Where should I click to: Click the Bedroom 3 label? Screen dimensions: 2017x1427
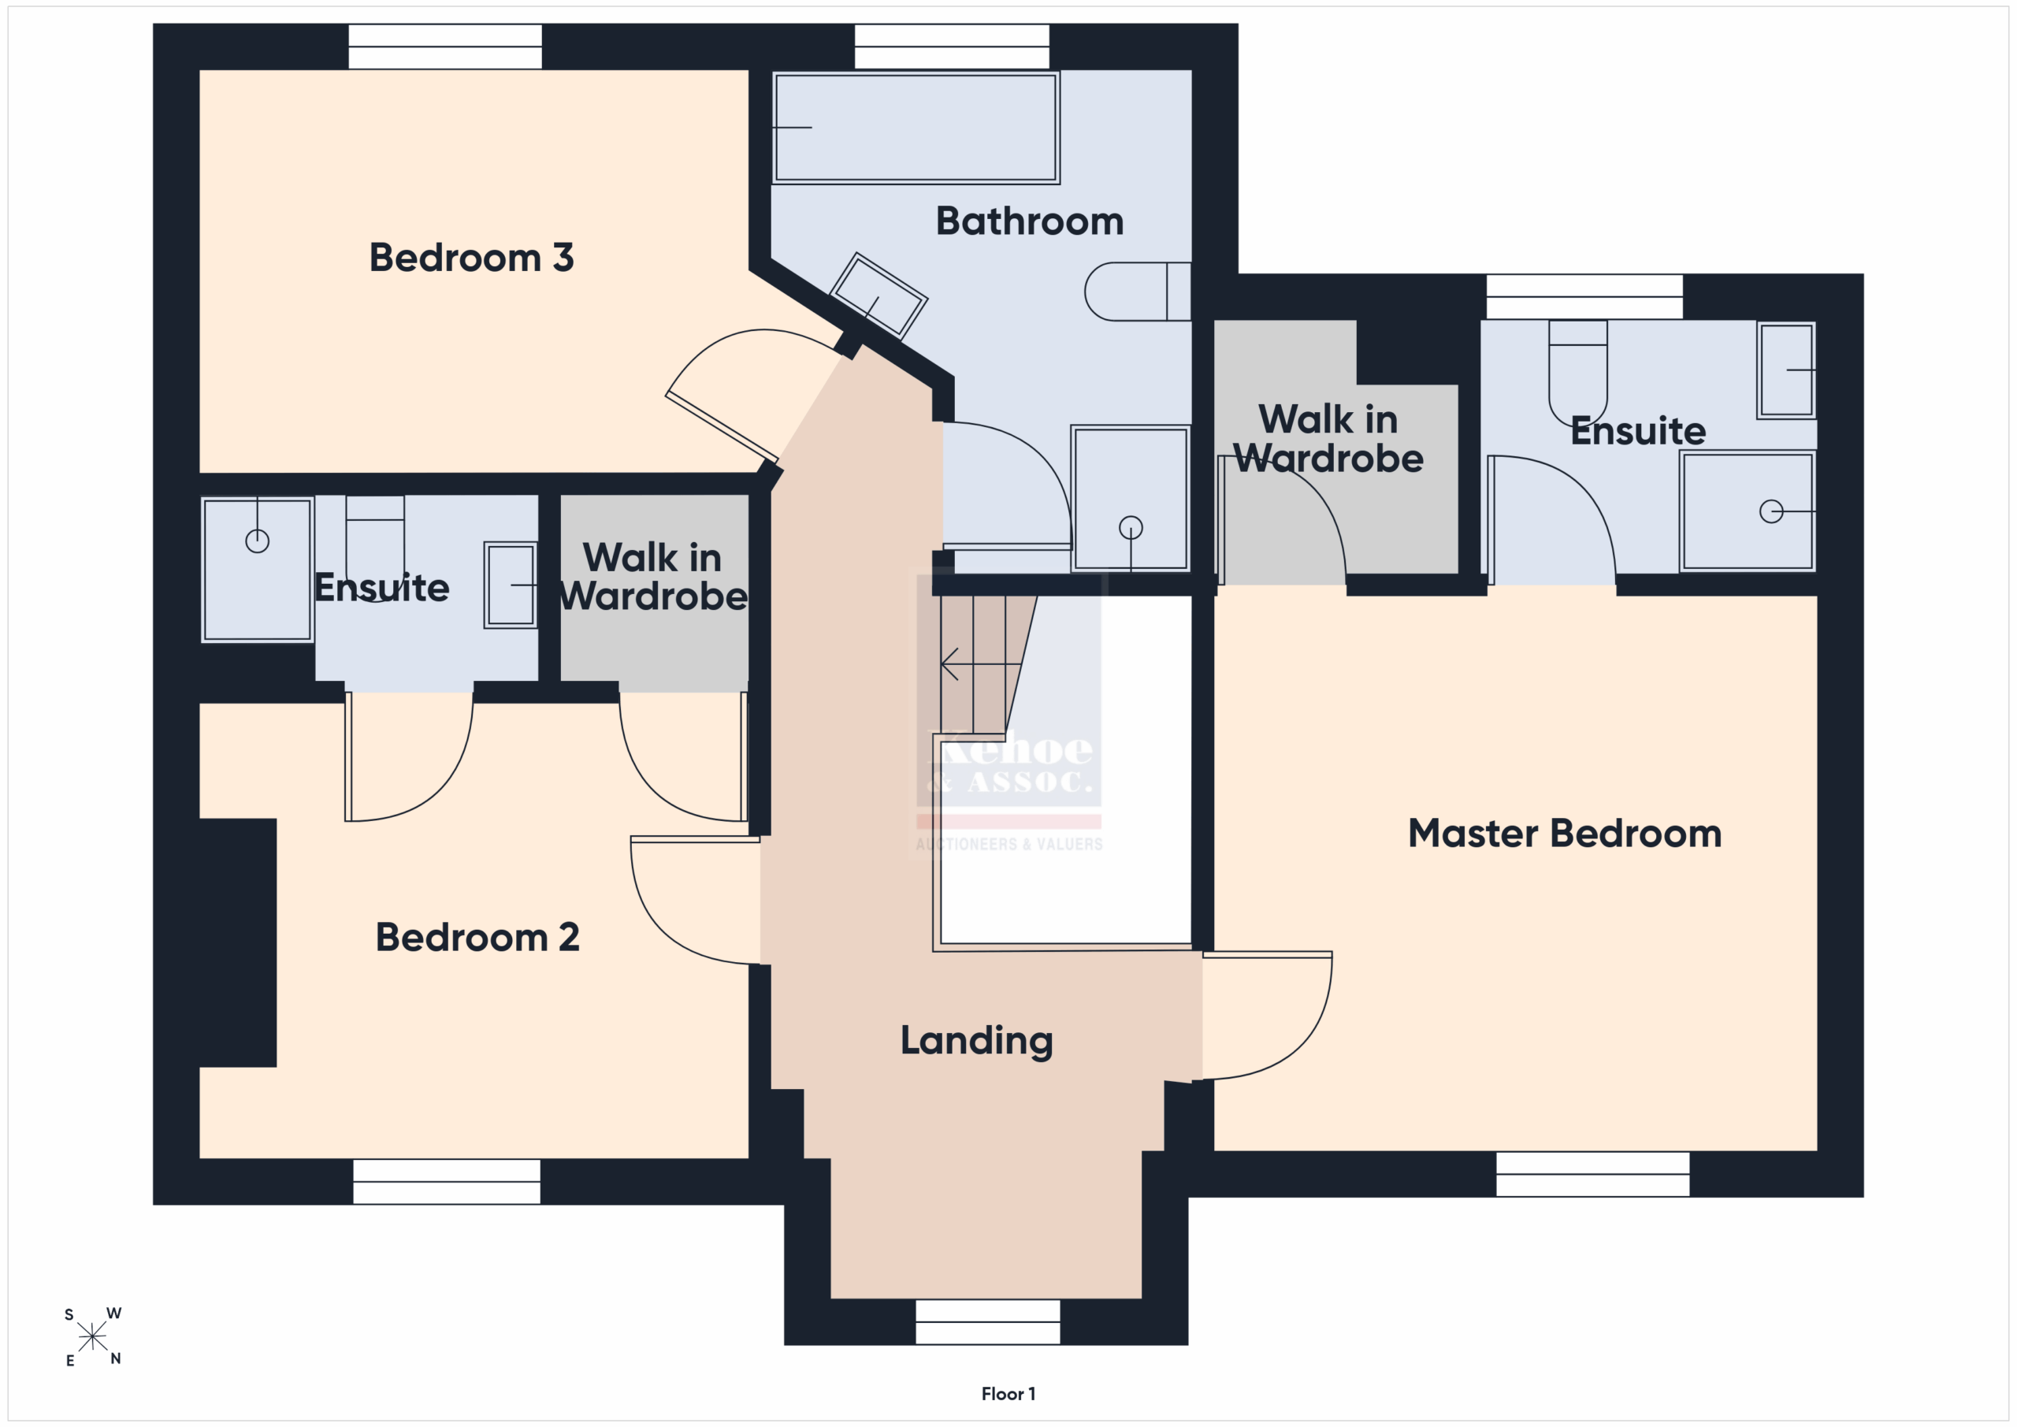(x=471, y=258)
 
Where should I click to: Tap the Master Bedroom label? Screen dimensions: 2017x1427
(x=1565, y=833)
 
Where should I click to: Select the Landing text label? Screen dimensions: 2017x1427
(x=976, y=1041)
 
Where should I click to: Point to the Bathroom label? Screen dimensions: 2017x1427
(x=1030, y=221)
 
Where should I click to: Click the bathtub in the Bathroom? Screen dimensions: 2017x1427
(x=916, y=128)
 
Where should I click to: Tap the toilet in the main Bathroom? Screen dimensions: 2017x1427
(x=1138, y=291)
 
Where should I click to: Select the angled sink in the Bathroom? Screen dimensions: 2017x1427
(x=878, y=295)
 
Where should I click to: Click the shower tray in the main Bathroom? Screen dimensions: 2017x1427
(x=1131, y=498)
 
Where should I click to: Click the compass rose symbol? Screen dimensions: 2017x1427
(x=92, y=1336)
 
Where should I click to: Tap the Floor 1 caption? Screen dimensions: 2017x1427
(x=1008, y=1394)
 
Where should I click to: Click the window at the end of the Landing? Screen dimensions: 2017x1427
(x=987, y=1321)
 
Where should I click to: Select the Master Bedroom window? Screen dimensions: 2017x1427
(x=1592, y=1174)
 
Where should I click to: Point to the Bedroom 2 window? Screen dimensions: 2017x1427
(x=446, y=1182)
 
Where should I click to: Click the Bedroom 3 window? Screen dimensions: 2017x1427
(x=445, y=46)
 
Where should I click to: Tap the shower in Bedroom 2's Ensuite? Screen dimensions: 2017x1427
(x=258, y=570)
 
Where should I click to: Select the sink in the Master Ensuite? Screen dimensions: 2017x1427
(x=1786, y=370)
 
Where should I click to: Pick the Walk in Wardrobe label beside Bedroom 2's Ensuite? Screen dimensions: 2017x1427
(x=652, y=578)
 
